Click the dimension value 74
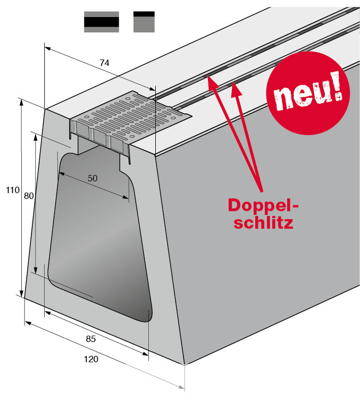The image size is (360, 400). pos(104,63)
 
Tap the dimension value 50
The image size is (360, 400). pos(93,178)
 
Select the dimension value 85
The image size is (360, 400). pos(90,338)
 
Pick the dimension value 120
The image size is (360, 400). pos(91,359)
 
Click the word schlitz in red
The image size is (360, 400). pos(264,223)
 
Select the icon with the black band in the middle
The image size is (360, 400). pos(101,22)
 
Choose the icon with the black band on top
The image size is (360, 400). pos(144,22)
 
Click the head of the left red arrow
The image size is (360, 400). pos(211,80)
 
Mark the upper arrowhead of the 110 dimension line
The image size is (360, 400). pos(22,103)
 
